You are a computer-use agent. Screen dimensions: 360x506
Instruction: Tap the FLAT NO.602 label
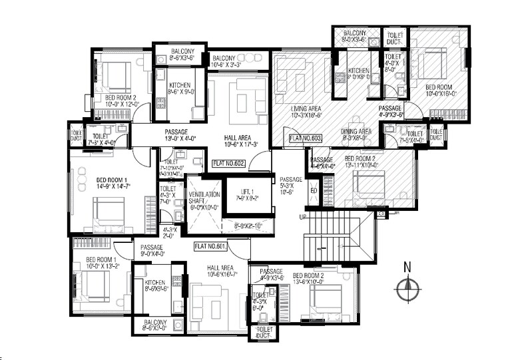coord(228,162)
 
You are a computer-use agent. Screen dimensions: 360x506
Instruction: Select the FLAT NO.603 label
coord(306,139)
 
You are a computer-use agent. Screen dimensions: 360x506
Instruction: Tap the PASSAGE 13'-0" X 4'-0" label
coord(176,136)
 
